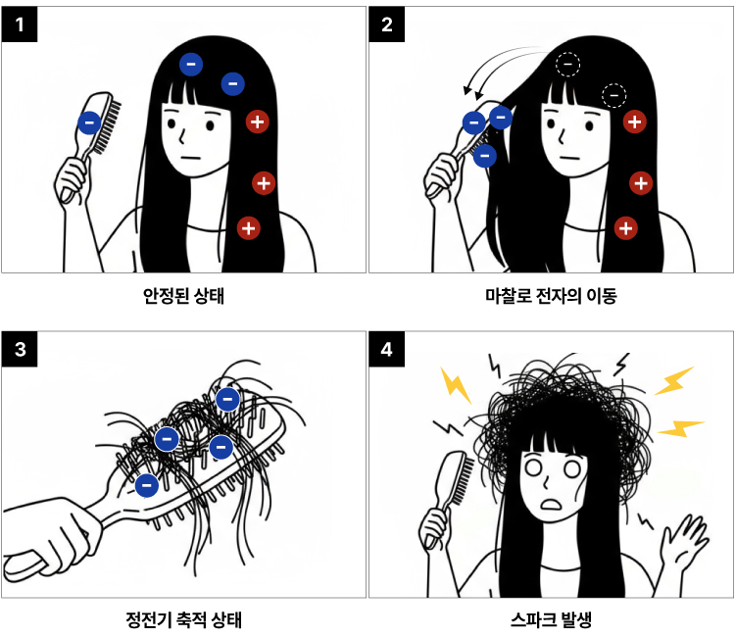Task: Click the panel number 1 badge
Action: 20,24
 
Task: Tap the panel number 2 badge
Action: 387,24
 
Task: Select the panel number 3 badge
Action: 20,349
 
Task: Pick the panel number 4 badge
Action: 387,349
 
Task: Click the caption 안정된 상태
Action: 184,296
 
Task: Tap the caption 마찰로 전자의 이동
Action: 551,296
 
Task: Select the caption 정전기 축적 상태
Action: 184,619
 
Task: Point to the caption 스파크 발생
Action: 551,619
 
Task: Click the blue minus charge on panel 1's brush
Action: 89,123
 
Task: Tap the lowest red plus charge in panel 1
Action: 249,228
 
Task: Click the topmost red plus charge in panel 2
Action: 635,122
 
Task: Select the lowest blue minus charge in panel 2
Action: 485,156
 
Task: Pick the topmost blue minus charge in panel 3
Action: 227,400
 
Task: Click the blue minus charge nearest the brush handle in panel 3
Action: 147,485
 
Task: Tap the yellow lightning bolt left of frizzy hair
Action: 455,385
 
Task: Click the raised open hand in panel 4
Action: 683,544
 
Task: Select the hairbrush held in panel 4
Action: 448,492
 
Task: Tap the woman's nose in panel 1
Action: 182,137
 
